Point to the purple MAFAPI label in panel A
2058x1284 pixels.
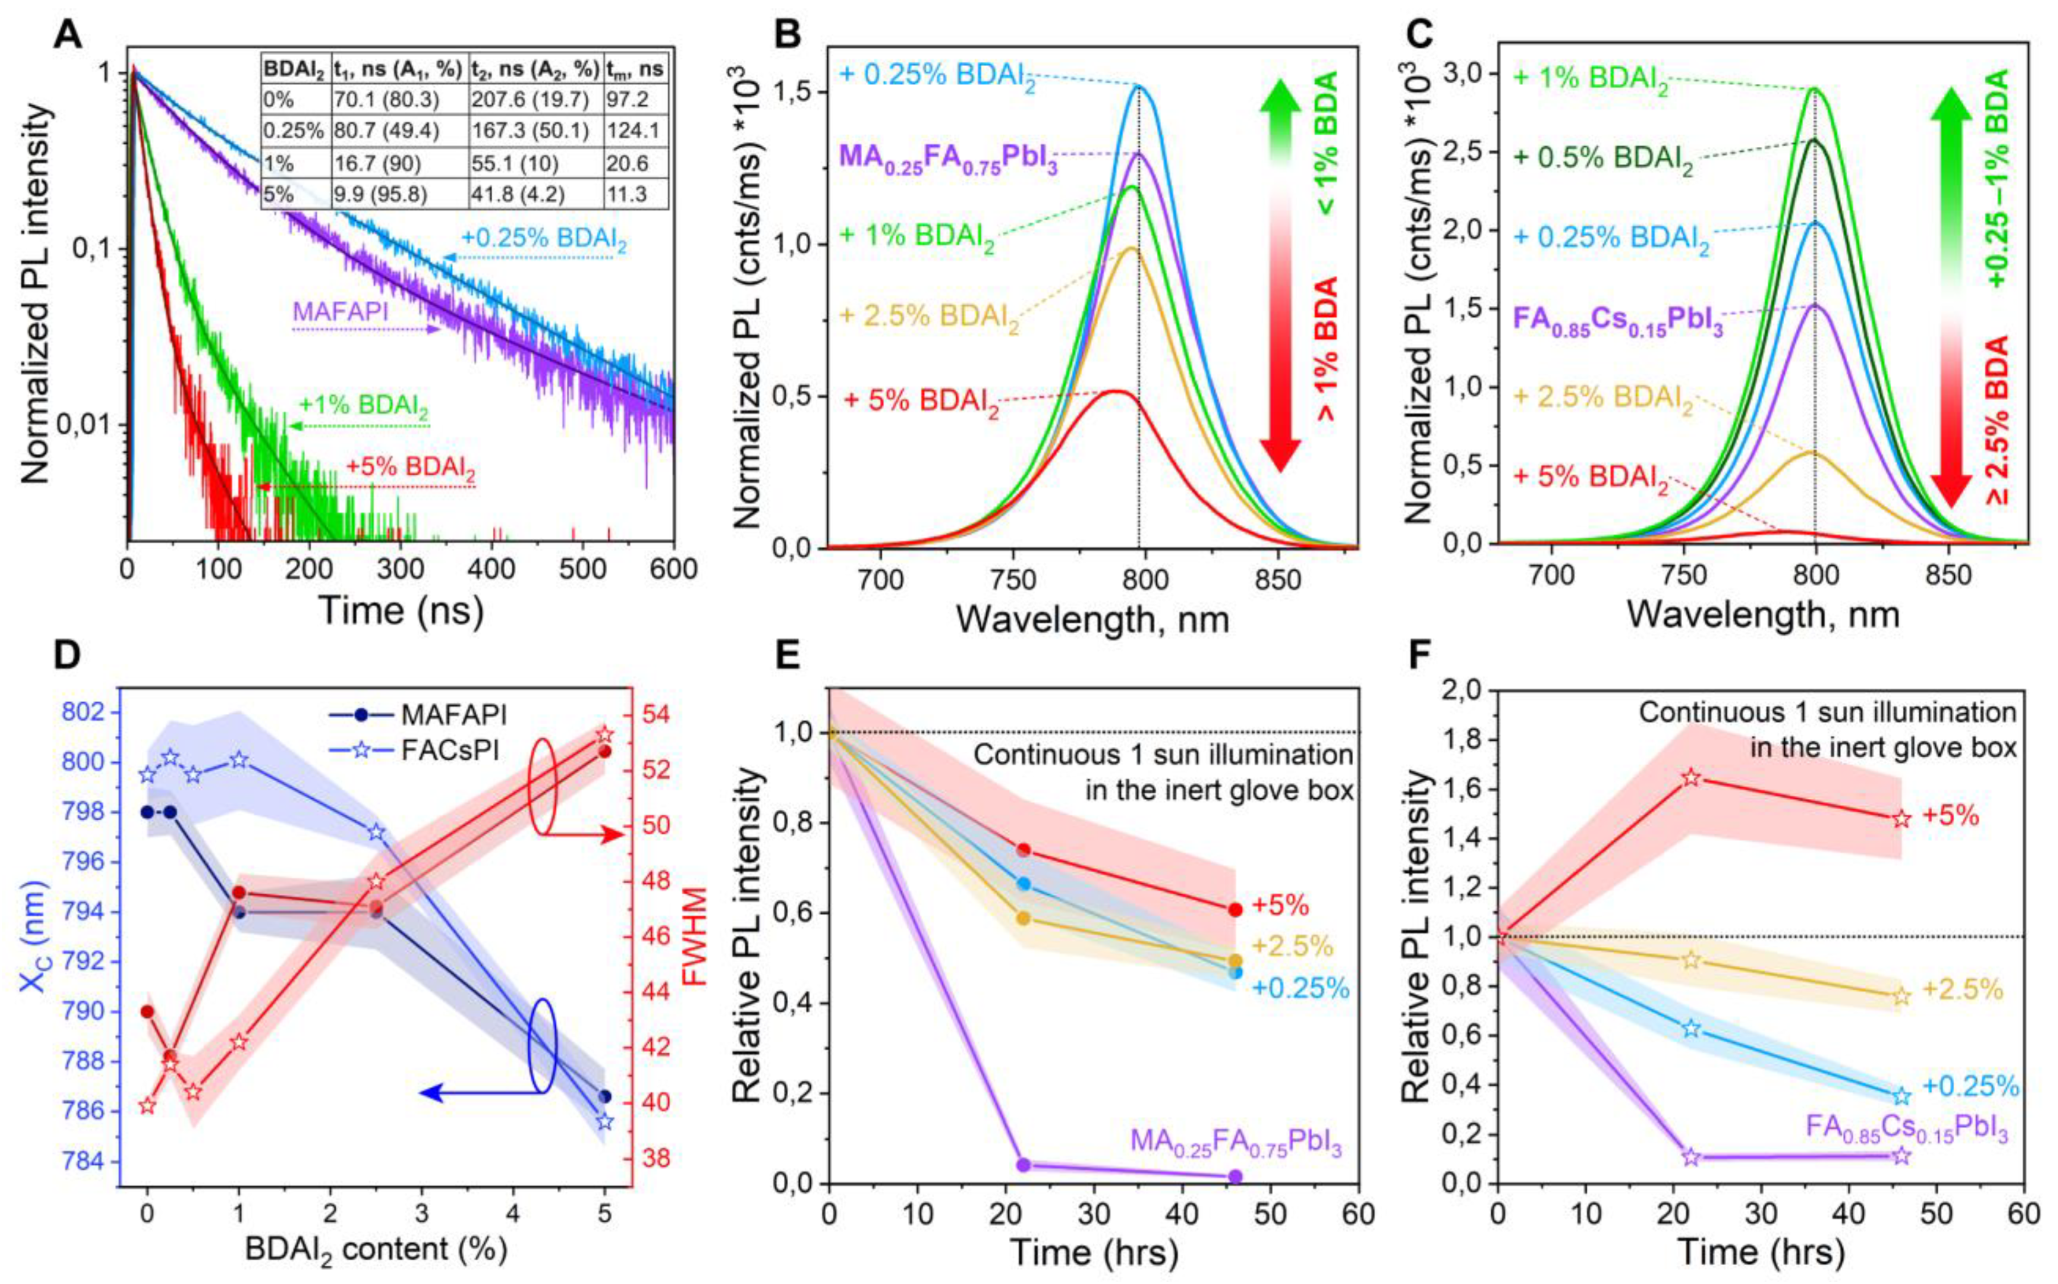341,312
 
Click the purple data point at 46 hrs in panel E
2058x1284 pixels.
1235,1176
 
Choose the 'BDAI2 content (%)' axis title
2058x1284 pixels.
375,1248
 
